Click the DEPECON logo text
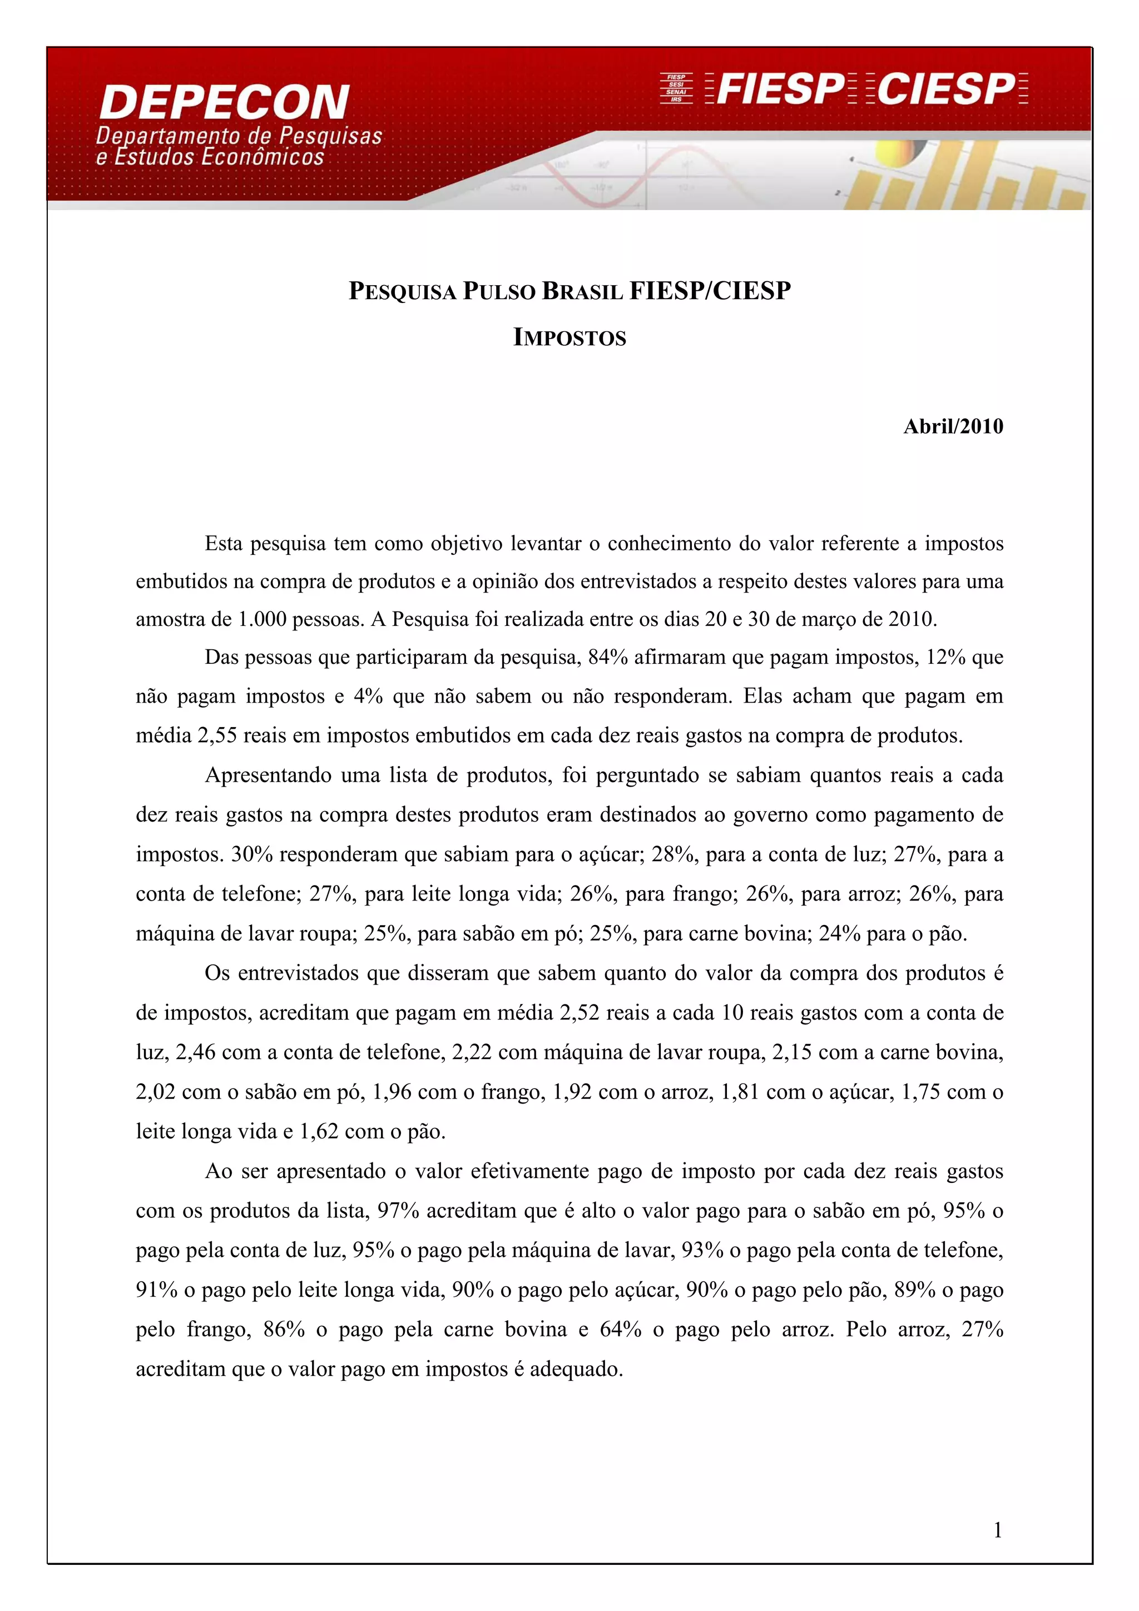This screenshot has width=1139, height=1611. (x=225, y=102)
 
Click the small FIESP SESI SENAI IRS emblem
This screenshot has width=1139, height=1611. (x=676, y=88)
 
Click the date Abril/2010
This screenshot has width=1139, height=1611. (x=953, y=426)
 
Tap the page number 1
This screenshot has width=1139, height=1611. (x=997, y=1530)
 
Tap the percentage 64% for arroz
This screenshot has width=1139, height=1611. (x=620, y=1330)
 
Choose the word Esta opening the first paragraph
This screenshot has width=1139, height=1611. (x=223, y=544)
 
